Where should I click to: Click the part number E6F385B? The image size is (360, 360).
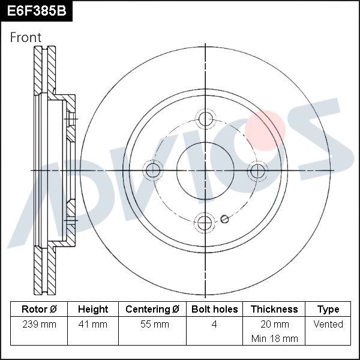point(35,10)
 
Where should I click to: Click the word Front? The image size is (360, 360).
point(26,37)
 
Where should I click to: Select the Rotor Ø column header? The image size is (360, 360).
point(39,310)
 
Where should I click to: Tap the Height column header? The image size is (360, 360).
point(93,310)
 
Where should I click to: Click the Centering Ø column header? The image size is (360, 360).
point(152,310)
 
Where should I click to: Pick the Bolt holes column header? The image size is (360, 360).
point(214,310)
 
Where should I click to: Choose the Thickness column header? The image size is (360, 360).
point(274,310)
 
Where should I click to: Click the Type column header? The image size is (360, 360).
point(328,310)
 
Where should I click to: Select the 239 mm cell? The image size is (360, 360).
point(39,324)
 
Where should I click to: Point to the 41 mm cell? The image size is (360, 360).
point(93,324)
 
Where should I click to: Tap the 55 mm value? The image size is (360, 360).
point(152,324)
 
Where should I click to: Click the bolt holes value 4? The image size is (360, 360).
point(214,324)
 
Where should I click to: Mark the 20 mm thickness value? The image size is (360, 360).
point(274,324)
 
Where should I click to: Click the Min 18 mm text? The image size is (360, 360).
point(274,338)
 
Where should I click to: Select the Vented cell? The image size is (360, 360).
point(328,324)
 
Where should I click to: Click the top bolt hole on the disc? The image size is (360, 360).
point(206,118)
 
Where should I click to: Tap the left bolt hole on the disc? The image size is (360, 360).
point(154,170)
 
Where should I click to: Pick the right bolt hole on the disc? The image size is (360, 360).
point(257,170)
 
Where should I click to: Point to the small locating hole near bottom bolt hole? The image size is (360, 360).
point(224,219)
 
